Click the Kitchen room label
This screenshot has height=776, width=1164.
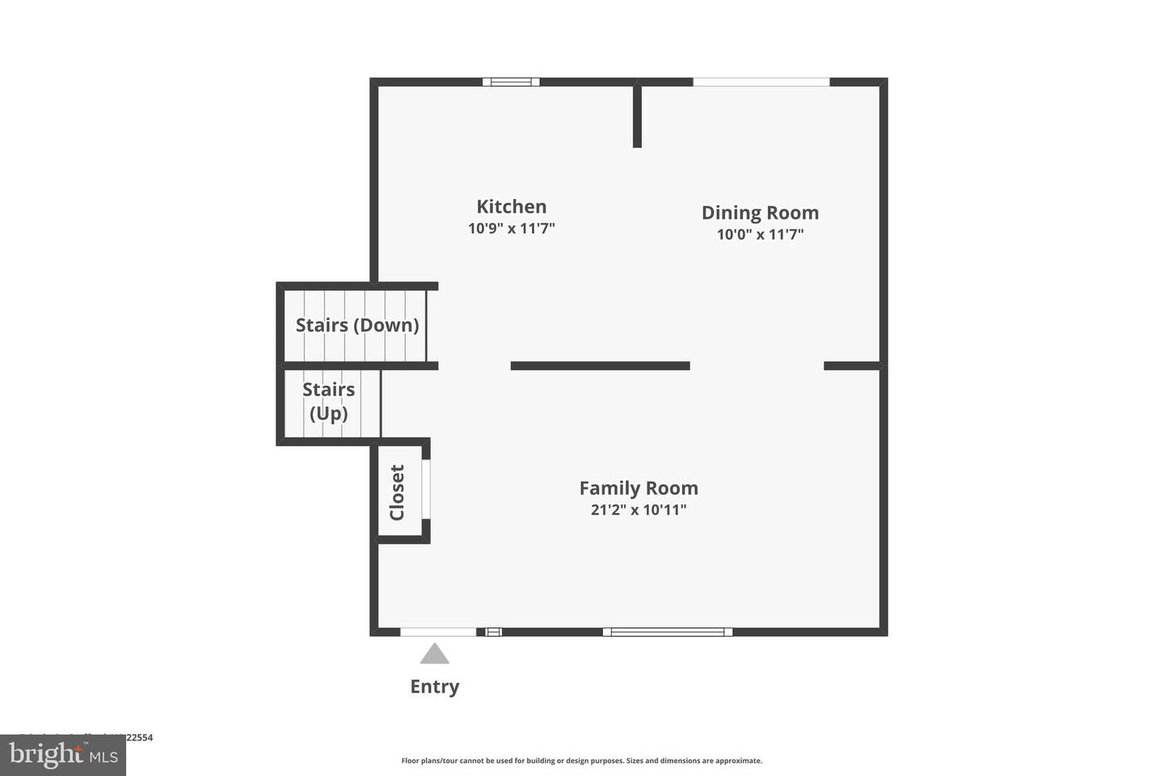(x=511, y=207)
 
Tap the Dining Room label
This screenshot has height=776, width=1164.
(x=760, y=213)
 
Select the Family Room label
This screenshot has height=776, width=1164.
(x=639, y=488)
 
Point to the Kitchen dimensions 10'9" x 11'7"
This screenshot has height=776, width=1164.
(x=511, y=229)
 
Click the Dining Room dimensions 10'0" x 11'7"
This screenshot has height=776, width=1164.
(x=760, y=234)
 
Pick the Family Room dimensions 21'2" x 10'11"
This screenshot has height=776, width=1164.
(x=639, y=510)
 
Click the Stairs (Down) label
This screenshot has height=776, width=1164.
(x=357, y=325)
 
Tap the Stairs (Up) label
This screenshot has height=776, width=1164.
(x=329, y=402)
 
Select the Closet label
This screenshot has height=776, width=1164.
(x=397, y=492)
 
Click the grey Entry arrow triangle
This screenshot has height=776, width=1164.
(x=435, y=654)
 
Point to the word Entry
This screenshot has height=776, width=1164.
(x=435, y=686)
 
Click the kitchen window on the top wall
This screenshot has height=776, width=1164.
(x=511, y=82)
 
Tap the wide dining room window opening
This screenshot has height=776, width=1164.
(x=761, y=82)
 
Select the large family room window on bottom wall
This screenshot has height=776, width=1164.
(x=668, y=632)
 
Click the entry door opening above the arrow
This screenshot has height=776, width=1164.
(x=438, y=631)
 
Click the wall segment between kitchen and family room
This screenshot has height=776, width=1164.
(x=600, y=366)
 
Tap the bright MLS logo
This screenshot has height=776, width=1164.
(x=63, y=755)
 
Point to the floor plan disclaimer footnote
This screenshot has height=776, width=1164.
(x=582, y=761)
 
